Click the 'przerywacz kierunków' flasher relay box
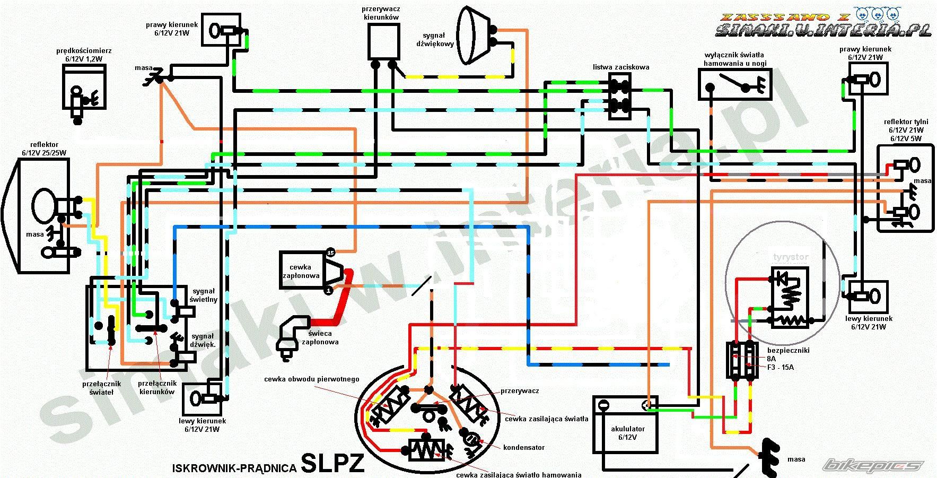click(x=384, y=41)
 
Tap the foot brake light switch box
click(x=734, y=83)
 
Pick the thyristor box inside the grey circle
click(x=789, y=297)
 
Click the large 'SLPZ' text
click(x=333, y=463)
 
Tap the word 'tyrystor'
click(x=790, y=257)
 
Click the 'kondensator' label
click(x=524, y=447)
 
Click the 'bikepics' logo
click(x=872, y=465)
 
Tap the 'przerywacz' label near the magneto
click(x=520, y=390)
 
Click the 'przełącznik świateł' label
click(x=101, y=388)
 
